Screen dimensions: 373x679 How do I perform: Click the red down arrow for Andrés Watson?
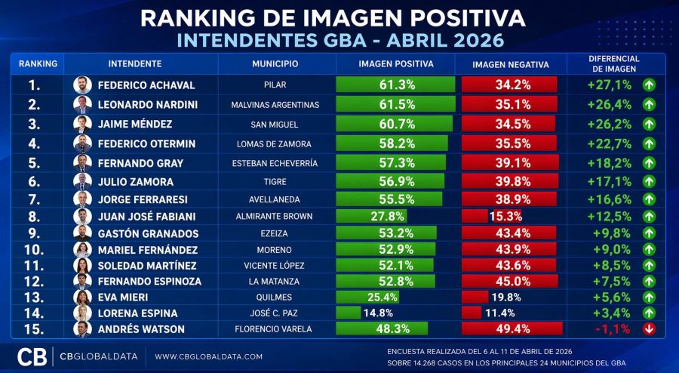[648, 328]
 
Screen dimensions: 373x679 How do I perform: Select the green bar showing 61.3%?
[395, 85]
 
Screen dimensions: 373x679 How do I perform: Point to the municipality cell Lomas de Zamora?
[275, 143]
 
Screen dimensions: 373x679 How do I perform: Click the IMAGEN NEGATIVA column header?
[510, 64]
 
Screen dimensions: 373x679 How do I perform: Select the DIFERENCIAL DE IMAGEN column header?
[613, 64]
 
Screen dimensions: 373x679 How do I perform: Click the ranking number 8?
[35, 216]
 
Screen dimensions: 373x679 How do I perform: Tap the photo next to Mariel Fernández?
[82, 250]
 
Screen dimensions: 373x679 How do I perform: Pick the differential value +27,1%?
[609, 85]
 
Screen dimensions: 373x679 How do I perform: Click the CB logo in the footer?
[31, 356]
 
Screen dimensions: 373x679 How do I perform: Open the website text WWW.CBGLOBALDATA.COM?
[208, 356]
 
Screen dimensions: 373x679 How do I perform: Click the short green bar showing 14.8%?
[349, 313]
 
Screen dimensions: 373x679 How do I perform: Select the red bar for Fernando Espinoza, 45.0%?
[509, 281]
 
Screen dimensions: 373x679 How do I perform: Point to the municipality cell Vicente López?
[275, 265]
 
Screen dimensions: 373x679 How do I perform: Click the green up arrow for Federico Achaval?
[648, 85]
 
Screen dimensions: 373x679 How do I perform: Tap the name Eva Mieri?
[124, 297]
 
